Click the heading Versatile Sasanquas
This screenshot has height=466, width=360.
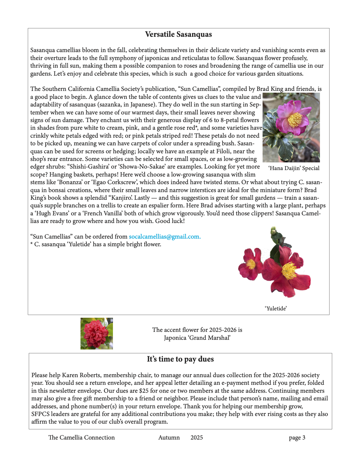178,34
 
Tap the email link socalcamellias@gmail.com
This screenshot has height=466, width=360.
165,237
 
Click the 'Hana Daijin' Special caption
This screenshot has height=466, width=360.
294,168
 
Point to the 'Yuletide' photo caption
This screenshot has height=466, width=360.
276,308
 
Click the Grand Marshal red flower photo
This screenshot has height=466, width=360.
96,334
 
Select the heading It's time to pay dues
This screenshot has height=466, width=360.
180,359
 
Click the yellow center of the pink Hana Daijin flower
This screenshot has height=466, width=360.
294,119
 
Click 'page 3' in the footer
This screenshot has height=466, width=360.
297,437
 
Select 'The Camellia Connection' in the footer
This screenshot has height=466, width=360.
81,437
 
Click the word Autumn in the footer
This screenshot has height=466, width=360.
169,437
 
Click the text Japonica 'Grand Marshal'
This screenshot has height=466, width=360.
197,338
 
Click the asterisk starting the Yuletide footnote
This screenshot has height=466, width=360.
31,244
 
